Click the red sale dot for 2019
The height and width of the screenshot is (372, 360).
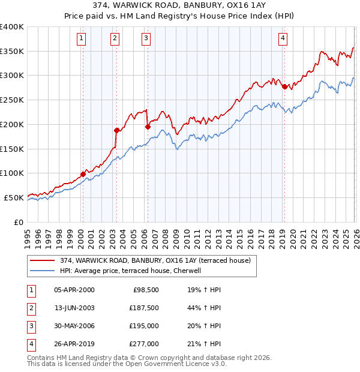tap(284, 86)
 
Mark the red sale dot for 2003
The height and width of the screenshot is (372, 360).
tap(116, 130)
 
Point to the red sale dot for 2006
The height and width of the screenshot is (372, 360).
tap(148, 126)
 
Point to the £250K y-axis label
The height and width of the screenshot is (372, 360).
tap(12, 100)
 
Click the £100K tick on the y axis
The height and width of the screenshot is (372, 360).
tap(12, 173)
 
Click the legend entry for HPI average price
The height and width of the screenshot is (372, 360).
tap(132, 271)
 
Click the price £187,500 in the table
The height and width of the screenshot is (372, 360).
tap(145, 307)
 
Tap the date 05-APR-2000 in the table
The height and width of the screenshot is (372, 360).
tap(74, 289)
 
